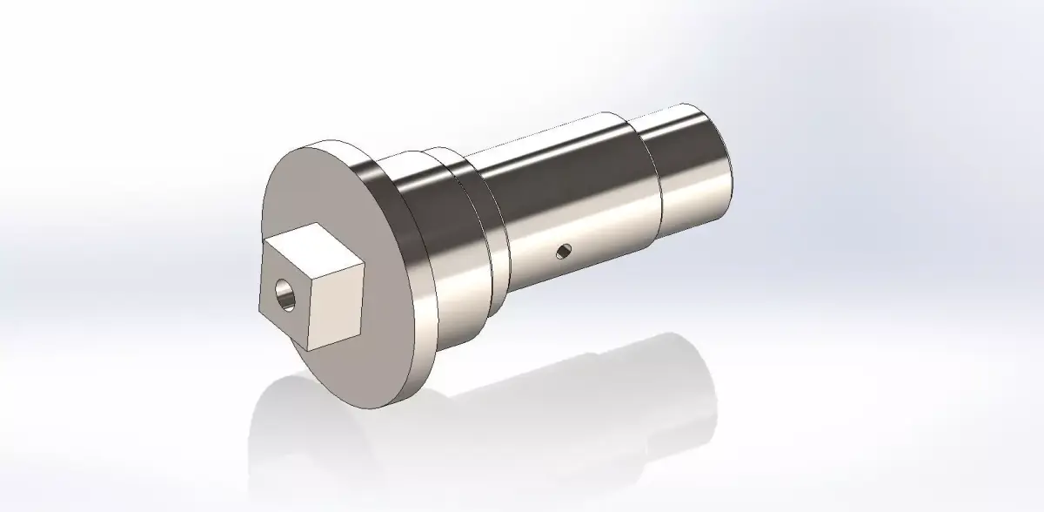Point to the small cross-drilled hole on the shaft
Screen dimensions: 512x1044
[563, 253]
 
